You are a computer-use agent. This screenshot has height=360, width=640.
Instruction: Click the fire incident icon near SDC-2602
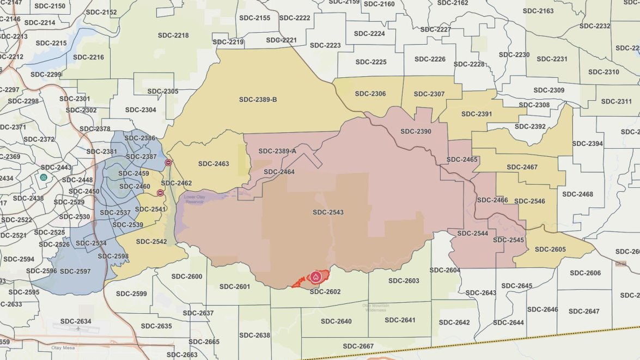click(x=315, y=277)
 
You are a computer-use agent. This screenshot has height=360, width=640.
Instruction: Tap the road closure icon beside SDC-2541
click(x=160, y=193)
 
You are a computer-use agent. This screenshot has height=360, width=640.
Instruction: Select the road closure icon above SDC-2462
click(x=168, y=162)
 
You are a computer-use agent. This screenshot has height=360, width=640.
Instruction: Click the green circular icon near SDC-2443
click(x=43, y=177)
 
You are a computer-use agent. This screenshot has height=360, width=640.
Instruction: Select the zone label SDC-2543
click(x=328, y=212)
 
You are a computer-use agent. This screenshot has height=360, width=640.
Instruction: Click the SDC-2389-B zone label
click(x=258, y=100)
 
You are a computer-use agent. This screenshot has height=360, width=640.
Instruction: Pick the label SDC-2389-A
click(x=277, y=151)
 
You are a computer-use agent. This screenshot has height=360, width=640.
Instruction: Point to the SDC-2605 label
click(x=550, y=249)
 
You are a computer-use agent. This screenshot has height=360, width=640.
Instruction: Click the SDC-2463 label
click(x=214, y=163)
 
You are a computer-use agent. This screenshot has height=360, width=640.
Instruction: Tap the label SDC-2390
click(x=416, y=131)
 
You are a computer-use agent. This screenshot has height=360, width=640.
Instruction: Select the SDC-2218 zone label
click(x=173, y=35)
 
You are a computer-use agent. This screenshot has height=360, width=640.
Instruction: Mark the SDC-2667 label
click(x=358, y=346)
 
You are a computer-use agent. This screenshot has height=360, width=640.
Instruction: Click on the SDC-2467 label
click(x=522, y=167)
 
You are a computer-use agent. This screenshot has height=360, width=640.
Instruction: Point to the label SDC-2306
click(x=370, y=94)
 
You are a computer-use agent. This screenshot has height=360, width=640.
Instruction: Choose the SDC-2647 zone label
click(x=584, y=312)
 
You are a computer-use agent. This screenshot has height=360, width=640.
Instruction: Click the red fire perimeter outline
click(x=298, y=283)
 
